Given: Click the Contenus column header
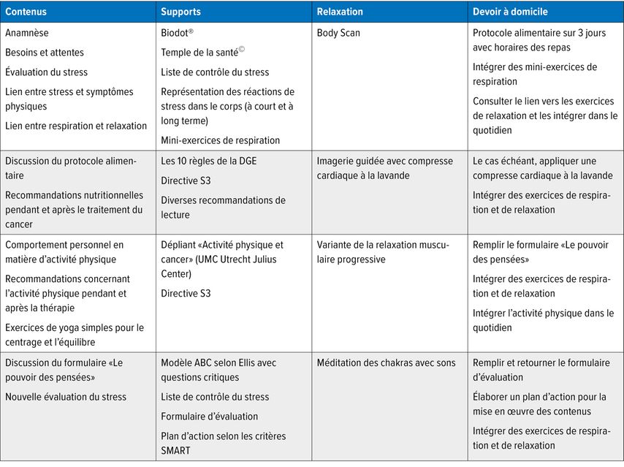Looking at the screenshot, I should click(x=27, y=12).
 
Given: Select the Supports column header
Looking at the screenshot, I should click(x=180, y=12).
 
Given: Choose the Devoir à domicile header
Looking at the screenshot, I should click(x=510, y=12).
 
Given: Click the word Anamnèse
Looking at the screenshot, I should click(x=27, y=33).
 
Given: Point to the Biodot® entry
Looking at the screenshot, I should click(x=178, y=33).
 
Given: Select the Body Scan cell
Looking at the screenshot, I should click(x=338, y=33).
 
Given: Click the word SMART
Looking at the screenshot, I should click(x=175, y=450).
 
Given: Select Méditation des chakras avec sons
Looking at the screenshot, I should click(x=386, y=362).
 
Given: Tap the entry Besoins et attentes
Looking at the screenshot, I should click(x=45, y=53).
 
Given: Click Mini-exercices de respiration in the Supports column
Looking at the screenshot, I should click(x=221, y=140).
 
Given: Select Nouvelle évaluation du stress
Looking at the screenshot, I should click(x=66, y=397).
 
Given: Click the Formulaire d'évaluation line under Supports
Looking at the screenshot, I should click(x=210, y=417).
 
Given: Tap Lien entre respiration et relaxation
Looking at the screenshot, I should click(x=76, y=126).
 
